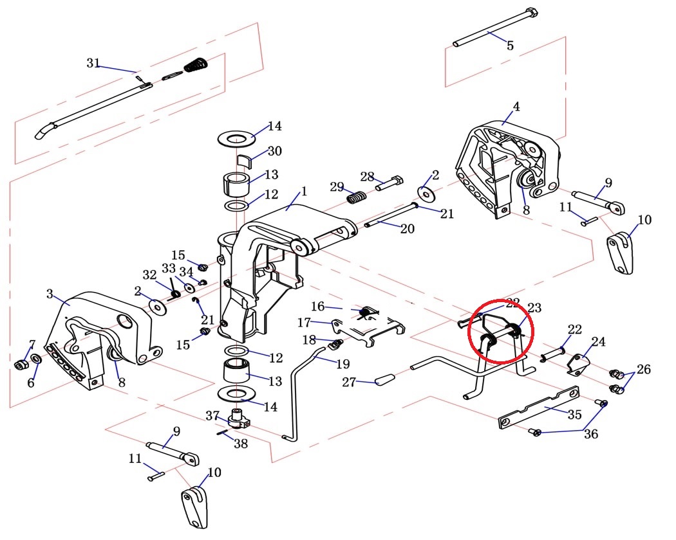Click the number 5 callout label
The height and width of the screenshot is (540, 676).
pyautogui.click(x=510, y=46)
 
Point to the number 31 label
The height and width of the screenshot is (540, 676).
pyautogui.click(x=93, y=63)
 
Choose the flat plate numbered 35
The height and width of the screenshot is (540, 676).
pyautogui.click(x=540, y=408)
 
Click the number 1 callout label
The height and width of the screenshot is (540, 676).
pyautogui.click(x=304, y=191)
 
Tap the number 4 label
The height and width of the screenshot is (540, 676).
pyautogui.click(x=516, y=107)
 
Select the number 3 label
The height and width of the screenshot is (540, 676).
pyautogui.click(x=50, y=294)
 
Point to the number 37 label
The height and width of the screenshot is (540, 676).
pyautogui.click(x=212, y=415)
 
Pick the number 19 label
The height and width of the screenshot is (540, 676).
pyautogui.click(x=342, y=364)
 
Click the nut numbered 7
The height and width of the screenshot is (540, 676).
pyautogui.click(x=20, y=365)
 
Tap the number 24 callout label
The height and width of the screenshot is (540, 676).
pyautogui.click(x=599, y=342)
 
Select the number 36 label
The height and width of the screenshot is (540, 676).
pyautogui.click(x=590, y=434)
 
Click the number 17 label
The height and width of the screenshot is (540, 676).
pyautogui.click(x=305, y=321)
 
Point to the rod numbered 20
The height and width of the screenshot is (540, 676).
pyautogui.click(x=389, y=219)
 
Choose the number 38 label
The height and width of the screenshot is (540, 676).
pyautogui.click(x=240, y=443)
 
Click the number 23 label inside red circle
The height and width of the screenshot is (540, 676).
pyautogui.click(x=534, y=308)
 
